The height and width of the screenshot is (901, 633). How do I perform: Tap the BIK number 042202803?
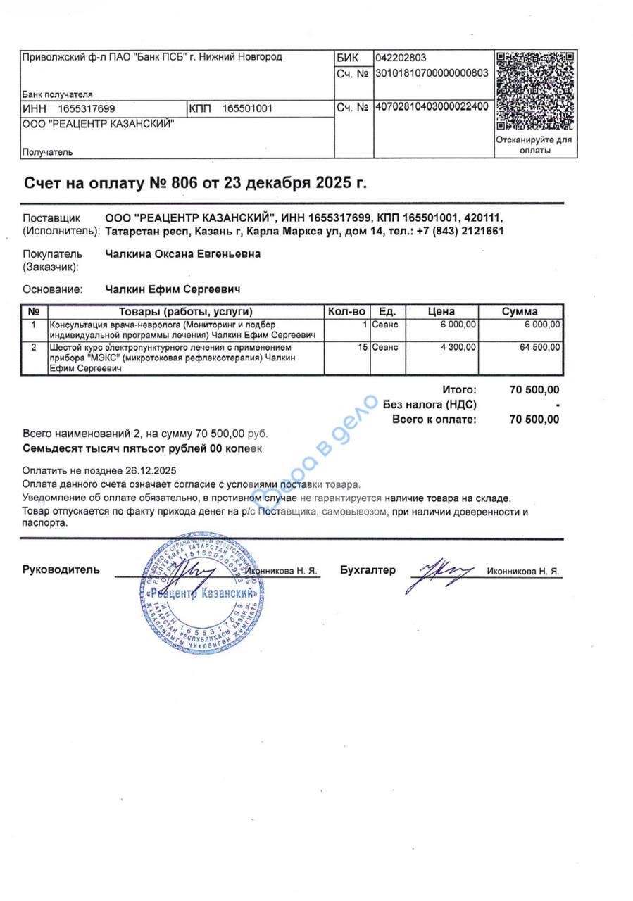pos(401,58)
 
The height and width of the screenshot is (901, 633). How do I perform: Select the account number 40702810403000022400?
pos(432,108)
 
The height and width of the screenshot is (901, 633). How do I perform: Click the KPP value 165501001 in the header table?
pos(247,108)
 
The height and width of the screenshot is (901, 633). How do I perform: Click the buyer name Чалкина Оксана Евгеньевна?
pos(182,254)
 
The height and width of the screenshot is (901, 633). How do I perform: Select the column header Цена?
pos(441,311)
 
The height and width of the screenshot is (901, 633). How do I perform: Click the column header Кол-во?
pos(346,311)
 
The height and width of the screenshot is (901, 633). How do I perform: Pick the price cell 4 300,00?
pos(458,347)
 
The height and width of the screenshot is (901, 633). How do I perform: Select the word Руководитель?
pos(61,569)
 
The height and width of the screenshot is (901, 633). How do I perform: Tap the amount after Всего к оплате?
pos(534,420)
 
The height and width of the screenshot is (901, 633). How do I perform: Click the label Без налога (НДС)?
pos(430,404)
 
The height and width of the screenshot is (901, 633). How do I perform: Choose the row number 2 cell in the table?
pos(34,347)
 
